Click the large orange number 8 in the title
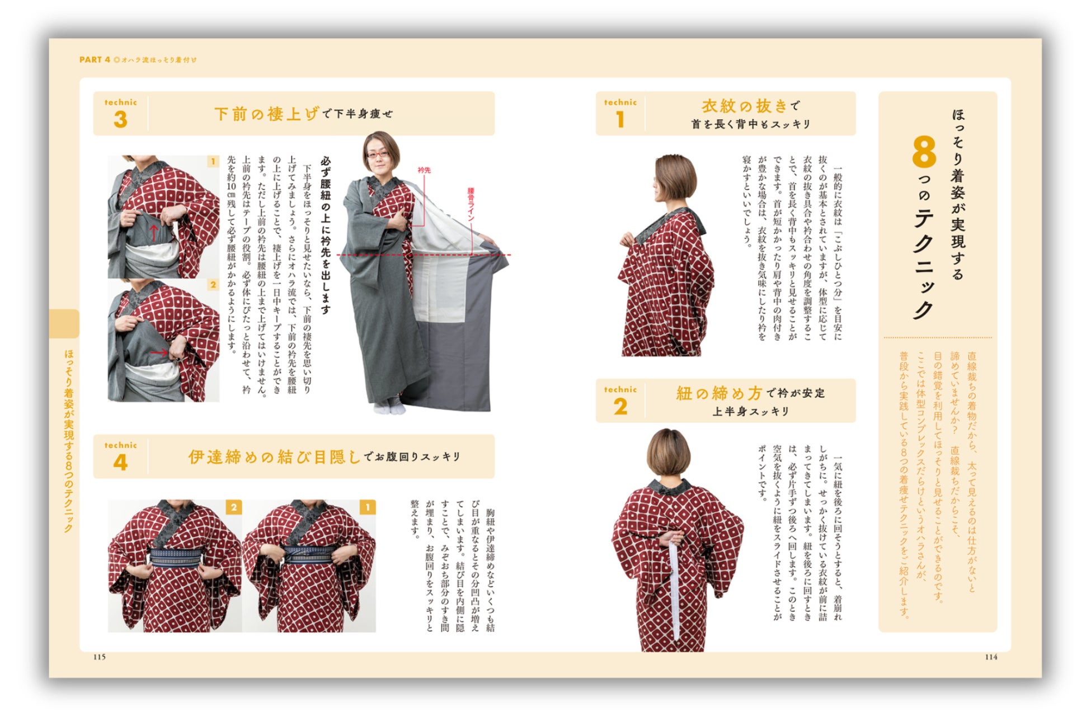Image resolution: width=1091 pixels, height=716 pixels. coord(924,152)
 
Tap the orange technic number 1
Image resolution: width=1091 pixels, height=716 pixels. coord(620,119)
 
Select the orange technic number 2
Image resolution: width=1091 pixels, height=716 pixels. coord(620,407)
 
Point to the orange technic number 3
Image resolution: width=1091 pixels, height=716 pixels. coord(120,119)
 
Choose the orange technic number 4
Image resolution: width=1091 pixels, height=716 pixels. coord(120,462)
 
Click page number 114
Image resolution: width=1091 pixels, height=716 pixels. coord(991,657)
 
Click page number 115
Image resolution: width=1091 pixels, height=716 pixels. coord(100,657)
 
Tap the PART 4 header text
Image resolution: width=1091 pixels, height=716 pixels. coord(95,60)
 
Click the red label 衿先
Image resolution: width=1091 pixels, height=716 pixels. coord(425,170)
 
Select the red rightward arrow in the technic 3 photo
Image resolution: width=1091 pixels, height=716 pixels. coord(159,352)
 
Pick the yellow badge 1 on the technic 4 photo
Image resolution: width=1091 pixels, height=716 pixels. coord(367,507)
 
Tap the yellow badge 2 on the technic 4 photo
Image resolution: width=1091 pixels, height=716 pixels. coord(234,507)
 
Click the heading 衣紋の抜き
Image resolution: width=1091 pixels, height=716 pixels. coord(745,106)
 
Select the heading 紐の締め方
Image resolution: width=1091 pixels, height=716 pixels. coord(720,393)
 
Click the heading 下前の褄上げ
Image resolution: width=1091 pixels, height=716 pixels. coord(267,114)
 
